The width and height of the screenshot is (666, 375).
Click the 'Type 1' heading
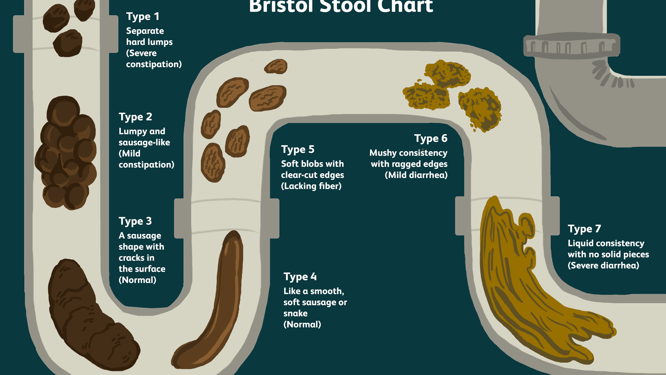pyautogui.click(x=143, y=17)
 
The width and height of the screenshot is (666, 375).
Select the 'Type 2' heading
pyautogui.click(x=135, y=117)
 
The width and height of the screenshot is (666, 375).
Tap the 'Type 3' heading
pyautogui.click(x=135, y=221)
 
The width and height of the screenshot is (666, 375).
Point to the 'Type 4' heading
pyautogui.click(x=300, y=277)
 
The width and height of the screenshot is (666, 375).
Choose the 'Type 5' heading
pyautogui.click(x=297, y=150)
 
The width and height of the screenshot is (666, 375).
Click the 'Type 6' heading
pyautogui.click(x=431, y=139)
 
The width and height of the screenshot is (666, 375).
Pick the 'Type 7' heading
pyautogui.click(x=584, y=229)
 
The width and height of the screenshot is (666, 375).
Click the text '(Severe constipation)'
pyautogui.click(x=154, y=59)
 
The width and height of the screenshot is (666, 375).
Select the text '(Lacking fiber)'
pyautogui.click(x=311, y=186)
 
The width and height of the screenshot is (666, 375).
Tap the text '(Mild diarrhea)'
pyautogui.click(x=416, y=175)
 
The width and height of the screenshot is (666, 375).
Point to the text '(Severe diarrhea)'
pyautogui.click(x=603, y=265)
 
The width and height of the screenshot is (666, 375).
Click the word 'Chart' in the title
pyautogui.click(x=405, y=6)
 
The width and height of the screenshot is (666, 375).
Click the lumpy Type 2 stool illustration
pyautogui.click(x=66, y=153)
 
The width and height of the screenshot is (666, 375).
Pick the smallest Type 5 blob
pyautogui.click(x=276, y=66)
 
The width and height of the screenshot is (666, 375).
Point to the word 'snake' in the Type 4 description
pyautogui.click(x=296, y=313)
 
